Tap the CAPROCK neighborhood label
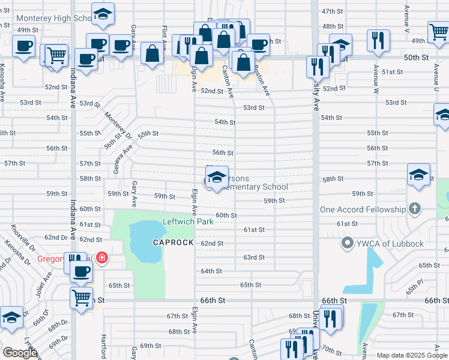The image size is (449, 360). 173,242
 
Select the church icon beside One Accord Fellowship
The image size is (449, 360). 414,209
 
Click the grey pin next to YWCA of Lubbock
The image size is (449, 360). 346,244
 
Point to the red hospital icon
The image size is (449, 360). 102,258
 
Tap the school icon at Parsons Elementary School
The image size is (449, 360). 217,176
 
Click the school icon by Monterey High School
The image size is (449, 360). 103,14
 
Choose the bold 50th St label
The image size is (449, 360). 415,58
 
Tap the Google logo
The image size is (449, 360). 20,353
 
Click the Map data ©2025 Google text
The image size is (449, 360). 411,355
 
